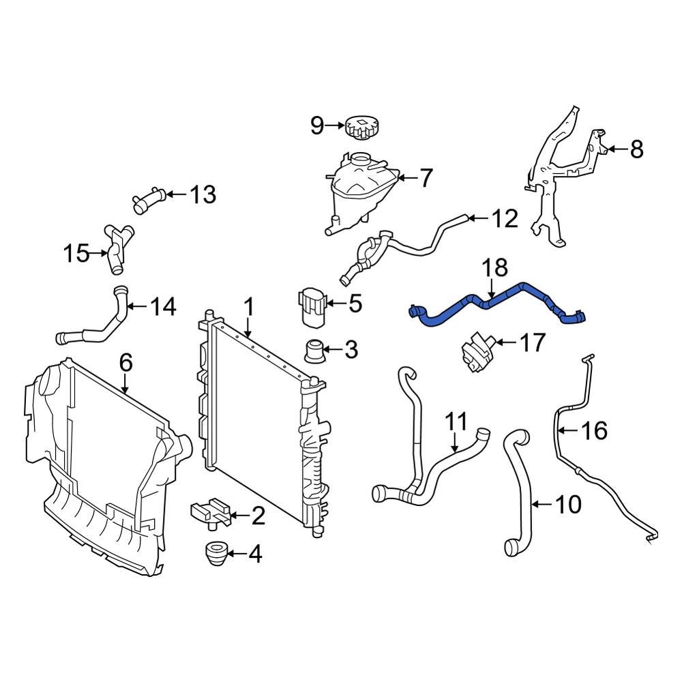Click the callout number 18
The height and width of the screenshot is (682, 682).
496,267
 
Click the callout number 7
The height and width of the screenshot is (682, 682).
425,179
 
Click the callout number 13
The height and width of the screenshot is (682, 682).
202,196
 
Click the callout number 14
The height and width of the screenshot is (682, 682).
163,307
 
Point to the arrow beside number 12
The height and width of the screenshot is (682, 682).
477,219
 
